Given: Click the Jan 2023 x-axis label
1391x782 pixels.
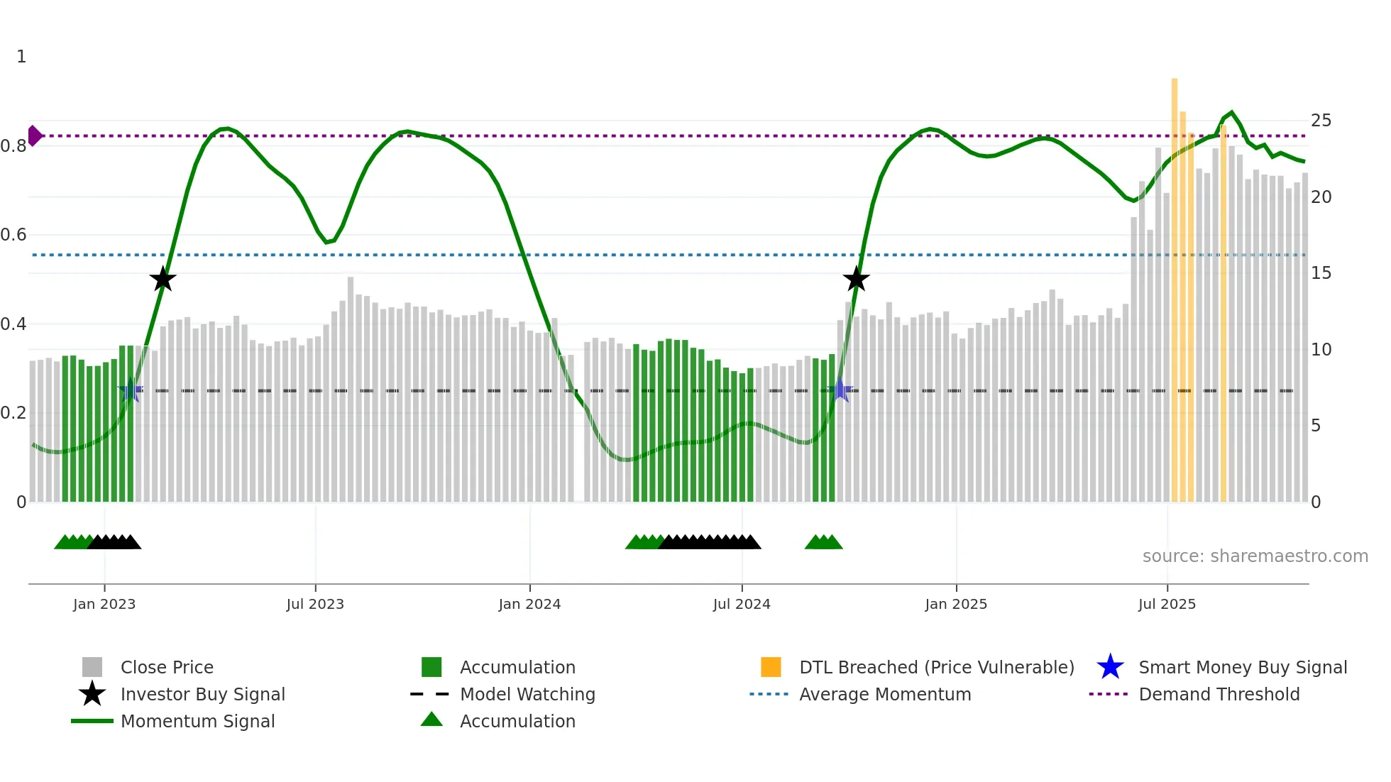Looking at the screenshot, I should click(104, 604).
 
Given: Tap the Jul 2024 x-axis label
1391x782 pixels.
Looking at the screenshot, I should click(742, 604).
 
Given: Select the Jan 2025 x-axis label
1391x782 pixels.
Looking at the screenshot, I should click(956, 604).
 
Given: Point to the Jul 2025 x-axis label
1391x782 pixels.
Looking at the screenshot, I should click(1167, 604).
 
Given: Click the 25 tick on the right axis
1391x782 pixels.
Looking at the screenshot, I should click(1321, 121).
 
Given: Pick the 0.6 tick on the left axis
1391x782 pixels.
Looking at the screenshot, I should click(14, 235).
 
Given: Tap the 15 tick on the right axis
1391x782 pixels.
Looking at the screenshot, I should click(1321, 273).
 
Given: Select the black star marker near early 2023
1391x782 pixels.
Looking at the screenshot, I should click(163, 279).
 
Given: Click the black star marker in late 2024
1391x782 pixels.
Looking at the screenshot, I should click(856, 279).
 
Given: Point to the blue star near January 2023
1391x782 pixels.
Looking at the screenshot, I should click(131, 390).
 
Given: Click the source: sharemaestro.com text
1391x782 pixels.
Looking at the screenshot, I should click(1255, 556).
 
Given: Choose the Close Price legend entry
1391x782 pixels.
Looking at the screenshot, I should click(167, 667).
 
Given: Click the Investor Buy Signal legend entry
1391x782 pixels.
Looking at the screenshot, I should click(202, 694).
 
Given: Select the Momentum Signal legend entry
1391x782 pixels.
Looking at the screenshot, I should click(197, 721).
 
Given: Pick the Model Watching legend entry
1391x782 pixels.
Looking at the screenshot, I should click(527, 694).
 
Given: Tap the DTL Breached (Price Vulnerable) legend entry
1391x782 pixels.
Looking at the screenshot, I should click(936, 667).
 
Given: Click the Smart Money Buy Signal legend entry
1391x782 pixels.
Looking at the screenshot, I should click(1243, 667).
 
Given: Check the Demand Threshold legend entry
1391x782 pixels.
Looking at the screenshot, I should click(1219, 694).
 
